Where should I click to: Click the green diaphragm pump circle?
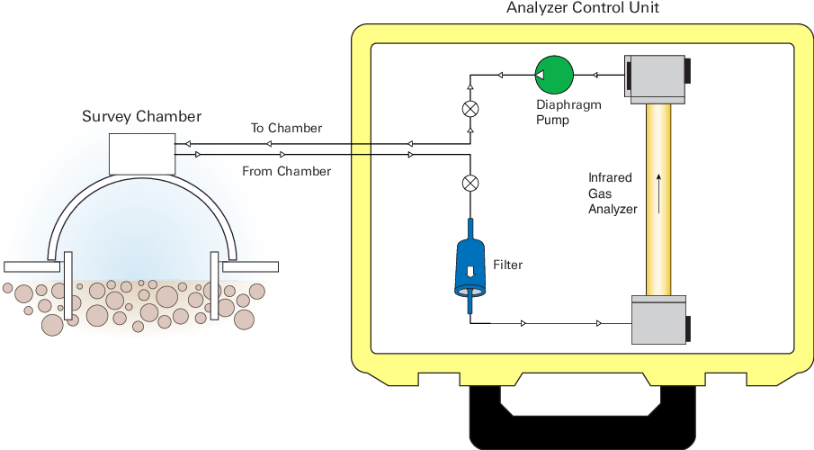click(x=554, y=73)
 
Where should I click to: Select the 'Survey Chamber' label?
click(x=142, y=116)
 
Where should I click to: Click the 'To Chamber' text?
click(x=286, y=128)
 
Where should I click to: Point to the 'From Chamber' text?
click(x=286, y=171)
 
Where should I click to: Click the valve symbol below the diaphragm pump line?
click(x=470, y=109)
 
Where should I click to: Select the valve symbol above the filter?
click(x=470, y=183)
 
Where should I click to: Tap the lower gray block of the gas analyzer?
click(x=658, y=319)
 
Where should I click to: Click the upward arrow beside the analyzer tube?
click(x=658, y=193)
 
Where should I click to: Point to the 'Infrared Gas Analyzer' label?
click(x=612, y=193)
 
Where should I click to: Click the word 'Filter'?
click(x=508, y=265)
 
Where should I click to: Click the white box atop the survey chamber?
click(x=142, y=154)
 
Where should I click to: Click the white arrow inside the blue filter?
click(x=470, y=271)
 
